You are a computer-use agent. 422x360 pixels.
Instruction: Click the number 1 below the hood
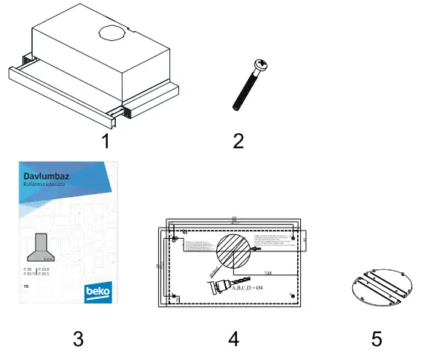point(106,141)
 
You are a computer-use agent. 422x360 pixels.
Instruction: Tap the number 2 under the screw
point(238,141)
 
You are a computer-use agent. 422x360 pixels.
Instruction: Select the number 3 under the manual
point(78,339)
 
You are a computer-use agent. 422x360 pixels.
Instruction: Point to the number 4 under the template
point(233,339)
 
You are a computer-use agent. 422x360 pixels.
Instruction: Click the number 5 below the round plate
point(377,339)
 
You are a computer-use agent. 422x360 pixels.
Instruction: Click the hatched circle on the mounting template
point(234,253)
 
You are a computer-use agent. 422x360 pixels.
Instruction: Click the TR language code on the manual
point(26,286)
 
